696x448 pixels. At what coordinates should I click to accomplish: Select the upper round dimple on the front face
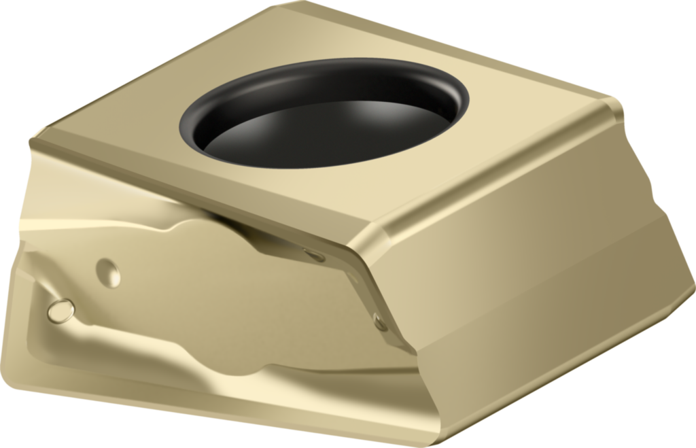[108, 273]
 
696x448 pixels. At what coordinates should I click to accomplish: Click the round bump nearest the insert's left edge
[60, 310]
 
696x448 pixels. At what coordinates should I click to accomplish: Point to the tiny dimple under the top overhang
[314, 256]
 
